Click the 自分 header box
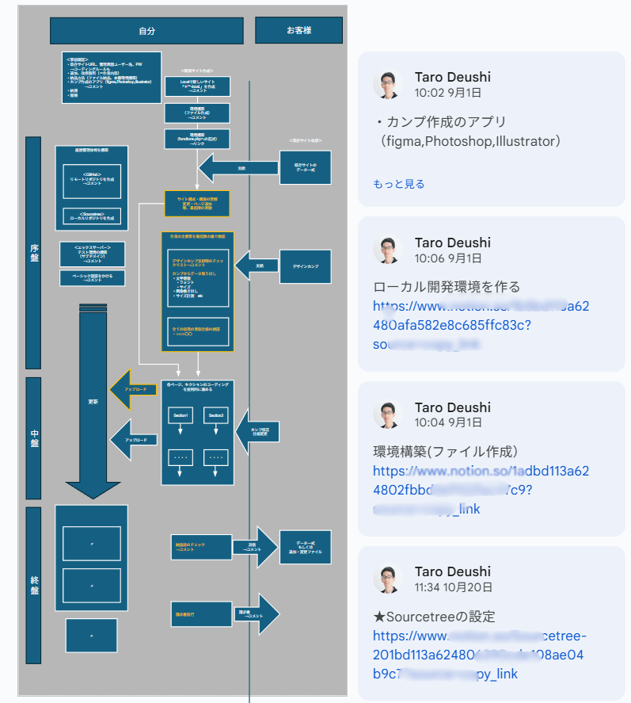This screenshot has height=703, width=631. point(146,31)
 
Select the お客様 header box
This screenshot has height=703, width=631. point(298,30)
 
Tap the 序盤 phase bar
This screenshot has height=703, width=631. point(33,252)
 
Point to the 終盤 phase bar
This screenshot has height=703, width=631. point(33,585)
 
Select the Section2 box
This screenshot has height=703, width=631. point(216,415)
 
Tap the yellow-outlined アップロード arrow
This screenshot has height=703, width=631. point(132,390)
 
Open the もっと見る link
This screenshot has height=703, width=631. point(398,184)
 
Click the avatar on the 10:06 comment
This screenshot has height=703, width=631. point(388,250)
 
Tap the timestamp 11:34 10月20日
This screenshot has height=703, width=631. point(453,587)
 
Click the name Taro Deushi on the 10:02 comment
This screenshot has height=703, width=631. point(452,77)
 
